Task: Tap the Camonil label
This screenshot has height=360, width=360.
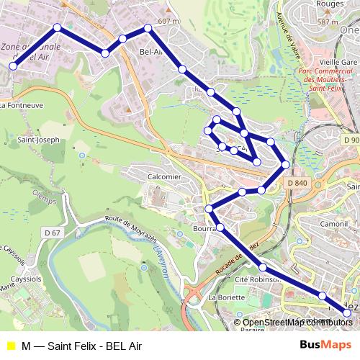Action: coord(335,224)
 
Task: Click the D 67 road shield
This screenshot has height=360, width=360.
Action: coord(52,233)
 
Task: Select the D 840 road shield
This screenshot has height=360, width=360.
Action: coord(302,184)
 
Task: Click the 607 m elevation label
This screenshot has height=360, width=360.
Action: coord(167,21)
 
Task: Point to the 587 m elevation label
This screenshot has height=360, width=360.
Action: coord(338,22)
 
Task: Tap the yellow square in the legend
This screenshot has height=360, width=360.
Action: coord(10,346)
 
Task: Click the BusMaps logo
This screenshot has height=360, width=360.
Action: coord(325,346)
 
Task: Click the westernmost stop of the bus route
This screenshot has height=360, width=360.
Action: coord(13,66)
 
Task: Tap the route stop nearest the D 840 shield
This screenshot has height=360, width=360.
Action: coord(286,165)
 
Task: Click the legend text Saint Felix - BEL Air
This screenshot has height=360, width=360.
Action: coord(94,346)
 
